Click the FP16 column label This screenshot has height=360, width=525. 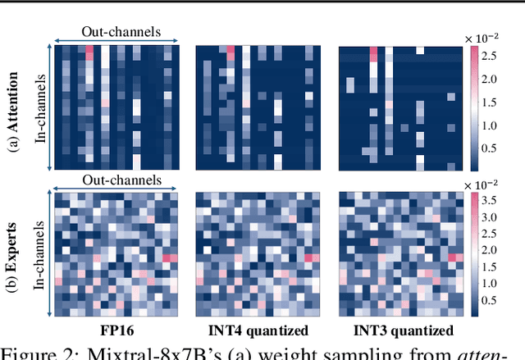114,330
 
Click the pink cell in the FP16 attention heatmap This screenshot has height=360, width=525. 89,52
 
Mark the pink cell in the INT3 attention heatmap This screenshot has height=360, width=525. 374,54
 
